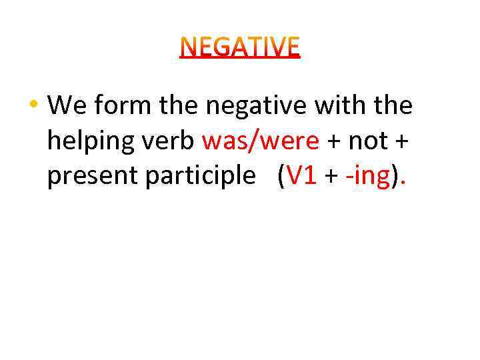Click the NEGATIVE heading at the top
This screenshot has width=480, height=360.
tap(240, 47)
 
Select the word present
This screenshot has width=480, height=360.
tap(90, 177)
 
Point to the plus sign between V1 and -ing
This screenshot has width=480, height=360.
tap(331, 177)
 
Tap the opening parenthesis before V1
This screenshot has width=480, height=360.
tap(282, 177)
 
